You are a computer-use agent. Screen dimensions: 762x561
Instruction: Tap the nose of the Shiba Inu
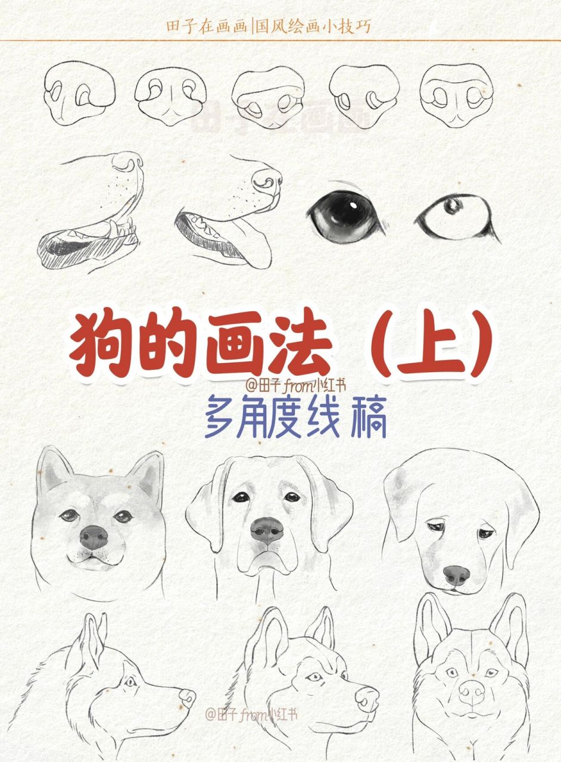click(94, 537)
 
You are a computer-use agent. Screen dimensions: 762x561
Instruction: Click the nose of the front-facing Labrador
click(268, 529)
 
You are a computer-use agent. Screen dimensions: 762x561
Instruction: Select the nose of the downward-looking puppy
click(456, 575)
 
